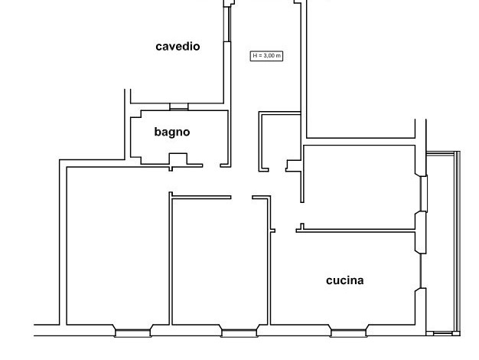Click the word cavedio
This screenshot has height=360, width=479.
pos(178,47)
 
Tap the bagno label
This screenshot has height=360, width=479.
pos(172,132)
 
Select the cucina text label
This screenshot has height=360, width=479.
pos(344,280)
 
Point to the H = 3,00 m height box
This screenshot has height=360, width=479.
pos(267,55)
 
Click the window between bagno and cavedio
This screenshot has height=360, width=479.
pos(178,106)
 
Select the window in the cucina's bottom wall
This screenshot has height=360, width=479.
pos(349,332)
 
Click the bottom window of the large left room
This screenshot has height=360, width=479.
pos(132,332)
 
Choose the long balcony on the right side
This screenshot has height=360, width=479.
pos(442,241)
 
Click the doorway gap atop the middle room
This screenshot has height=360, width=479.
pos(241,198)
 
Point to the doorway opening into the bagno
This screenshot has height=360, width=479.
pos(211,165)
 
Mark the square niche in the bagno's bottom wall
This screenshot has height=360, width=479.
pos(178,159)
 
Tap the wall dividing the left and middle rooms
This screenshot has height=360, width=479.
pos(170,260)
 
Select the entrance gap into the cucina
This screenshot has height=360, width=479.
pos(285,228)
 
